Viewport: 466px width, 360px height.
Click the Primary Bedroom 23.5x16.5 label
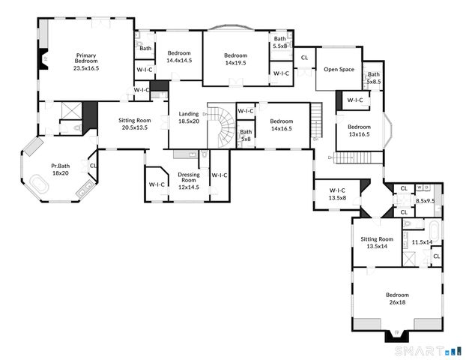click(86, 61)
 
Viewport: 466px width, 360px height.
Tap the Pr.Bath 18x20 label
click(60, 169)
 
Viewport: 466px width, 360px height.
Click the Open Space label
click(339, 69)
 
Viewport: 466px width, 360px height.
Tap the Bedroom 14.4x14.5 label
click(179, 57)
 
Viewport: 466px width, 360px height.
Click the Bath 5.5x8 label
click(280, 42)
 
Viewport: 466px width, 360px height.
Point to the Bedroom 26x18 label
click(397, 298)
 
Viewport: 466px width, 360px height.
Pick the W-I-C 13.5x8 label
click(337, 194)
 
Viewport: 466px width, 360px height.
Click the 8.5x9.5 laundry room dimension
click(425, 201)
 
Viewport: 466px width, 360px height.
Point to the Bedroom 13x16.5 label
click(358, 130)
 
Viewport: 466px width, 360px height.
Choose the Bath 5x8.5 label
click(372, 77)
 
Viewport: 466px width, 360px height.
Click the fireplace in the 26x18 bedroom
click(397, 334)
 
